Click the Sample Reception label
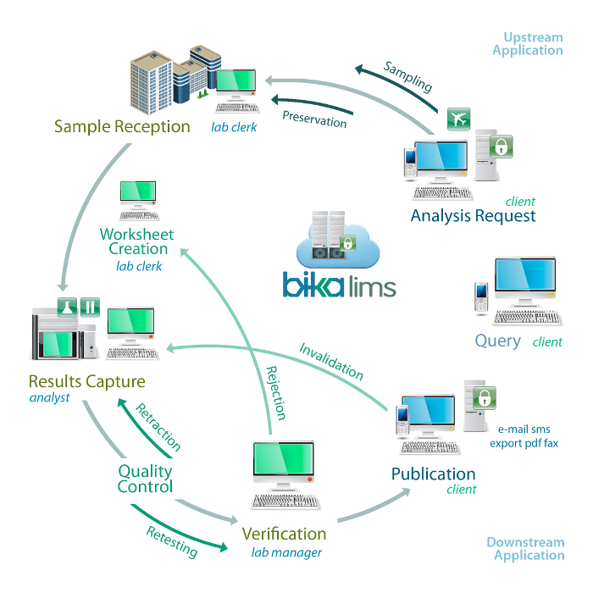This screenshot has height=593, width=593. pyautogui.click(x=122, y=126)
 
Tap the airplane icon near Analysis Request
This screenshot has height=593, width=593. pyautogui.click(x=458, y=119)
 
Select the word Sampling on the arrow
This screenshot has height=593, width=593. pyautogui.click(x=407, y=77)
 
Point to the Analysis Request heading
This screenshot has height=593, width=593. pyautogui.click(x=473, y=216)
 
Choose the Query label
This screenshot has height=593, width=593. pyautogui.click(x=498, y=341)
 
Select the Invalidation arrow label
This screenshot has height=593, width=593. pyautogui.click(x=331, y=361)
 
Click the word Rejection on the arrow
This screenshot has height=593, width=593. pyautogui.click(x=276, y=392)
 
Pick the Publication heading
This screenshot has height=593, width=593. pyautogui.click(x=433, y=474)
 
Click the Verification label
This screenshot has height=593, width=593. pyautogui.click(x=284, y=534)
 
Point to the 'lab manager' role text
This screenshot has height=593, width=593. pyautogui.click(x=286, y=553)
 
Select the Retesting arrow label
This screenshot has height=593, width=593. pyautogui.click(x=172, y=540)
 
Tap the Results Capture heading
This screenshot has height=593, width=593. pyautogui.click(x=86, y=381)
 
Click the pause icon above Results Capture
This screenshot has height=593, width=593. pyautogui.click(x=90, y=306)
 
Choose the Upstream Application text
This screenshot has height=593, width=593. pyautogui.click(x=533, y=44)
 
